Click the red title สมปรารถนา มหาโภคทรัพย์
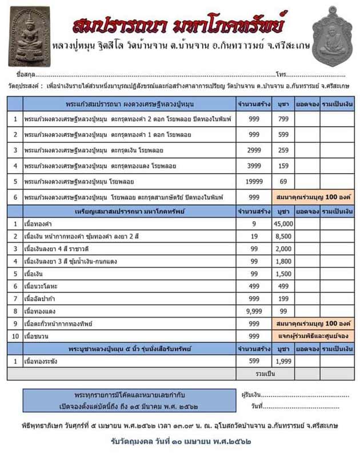(x=179, y=25)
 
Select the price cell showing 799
(x=283, y=119)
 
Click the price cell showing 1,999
(x=283, y=361)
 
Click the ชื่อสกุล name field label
(x=27, y=75)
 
